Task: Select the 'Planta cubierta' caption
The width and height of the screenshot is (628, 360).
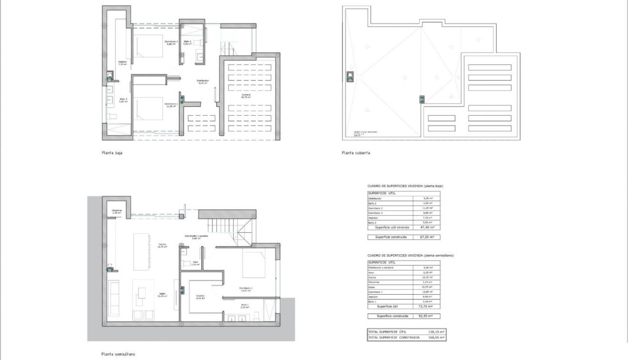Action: click(x=356, y=153)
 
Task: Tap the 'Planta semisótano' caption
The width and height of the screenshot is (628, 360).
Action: click(x=118, y=354)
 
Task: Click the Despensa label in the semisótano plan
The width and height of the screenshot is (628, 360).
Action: click(x=117, y=211)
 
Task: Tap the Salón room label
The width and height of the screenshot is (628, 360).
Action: click(x=162, y=295)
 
